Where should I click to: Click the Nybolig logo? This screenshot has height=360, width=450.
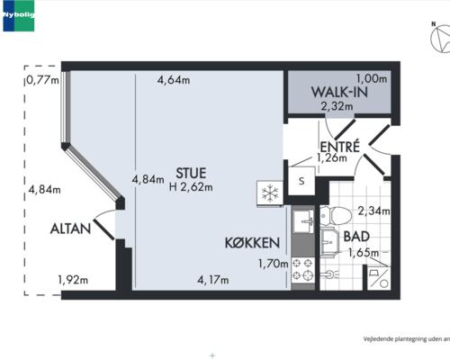click(19, 15)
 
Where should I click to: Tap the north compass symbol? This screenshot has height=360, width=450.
click(440, 39)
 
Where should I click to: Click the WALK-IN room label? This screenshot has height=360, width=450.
click(339, 92)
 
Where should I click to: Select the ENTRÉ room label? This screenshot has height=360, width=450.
click(339, 147)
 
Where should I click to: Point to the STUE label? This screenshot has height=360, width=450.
click(191, 173)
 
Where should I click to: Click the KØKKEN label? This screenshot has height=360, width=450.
click(252, 243)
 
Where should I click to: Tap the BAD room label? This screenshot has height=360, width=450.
click(356, 237)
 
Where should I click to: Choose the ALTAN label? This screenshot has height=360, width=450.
click(70, 229)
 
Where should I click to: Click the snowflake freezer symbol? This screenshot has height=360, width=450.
click(270, 193)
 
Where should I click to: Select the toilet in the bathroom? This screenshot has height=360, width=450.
click(336, 215)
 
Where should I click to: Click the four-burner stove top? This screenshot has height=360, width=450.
click(303, 270)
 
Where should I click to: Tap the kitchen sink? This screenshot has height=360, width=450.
click(303, 221)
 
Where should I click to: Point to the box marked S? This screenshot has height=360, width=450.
click(301, 181)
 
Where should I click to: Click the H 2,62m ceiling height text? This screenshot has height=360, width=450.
click(191, 187)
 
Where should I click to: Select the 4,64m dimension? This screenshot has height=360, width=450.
click(174, 80)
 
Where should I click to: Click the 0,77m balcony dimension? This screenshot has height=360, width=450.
click(42, 80)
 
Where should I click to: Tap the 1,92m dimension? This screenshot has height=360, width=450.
click(73, 280)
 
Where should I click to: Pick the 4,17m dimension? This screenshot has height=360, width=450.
click(213, 280)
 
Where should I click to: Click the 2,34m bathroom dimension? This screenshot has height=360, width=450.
click(373, 211)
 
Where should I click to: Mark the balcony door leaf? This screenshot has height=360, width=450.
click(104, 229)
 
